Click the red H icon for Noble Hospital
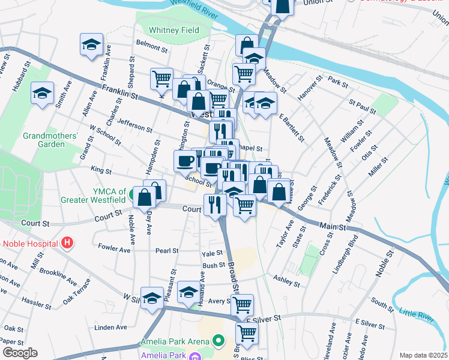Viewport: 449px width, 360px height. coord(68,243)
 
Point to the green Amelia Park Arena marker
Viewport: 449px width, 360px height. coord(219,341)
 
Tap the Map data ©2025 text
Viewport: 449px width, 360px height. coord(423,355)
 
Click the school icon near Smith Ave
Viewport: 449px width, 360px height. coord(42,93)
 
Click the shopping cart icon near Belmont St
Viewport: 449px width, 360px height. coord(161,77)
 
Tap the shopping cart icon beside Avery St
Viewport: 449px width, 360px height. coord(242,304)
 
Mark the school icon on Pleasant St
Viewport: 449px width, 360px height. coord(152,297)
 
